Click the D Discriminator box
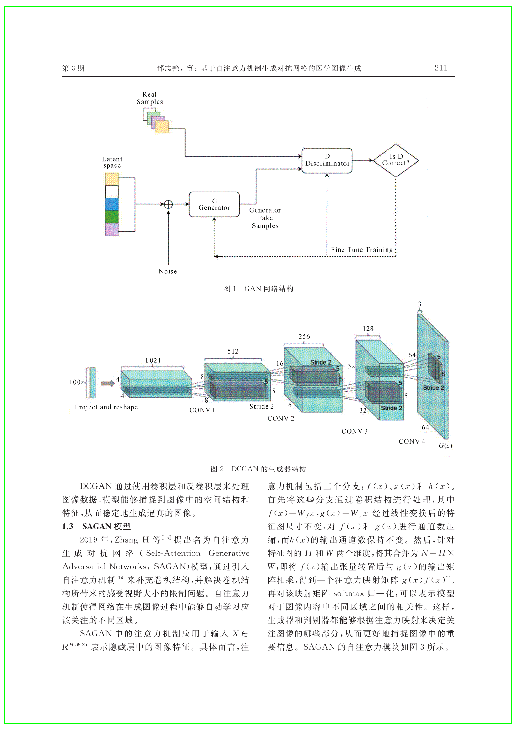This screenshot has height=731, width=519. coord(327,160)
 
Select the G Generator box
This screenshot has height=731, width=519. coord(214,204)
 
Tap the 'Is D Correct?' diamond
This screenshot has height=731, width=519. coord(396,160)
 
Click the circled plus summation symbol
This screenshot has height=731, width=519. coord(168,204)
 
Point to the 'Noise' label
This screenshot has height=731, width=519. coord(168,271)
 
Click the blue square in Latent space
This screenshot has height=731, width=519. coord(112,204)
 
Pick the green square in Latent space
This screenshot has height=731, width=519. coord(112,217)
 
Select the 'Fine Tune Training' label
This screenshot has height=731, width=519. coord(362,250)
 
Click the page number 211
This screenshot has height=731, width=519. coord(441,68)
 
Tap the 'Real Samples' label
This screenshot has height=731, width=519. coord(149,98)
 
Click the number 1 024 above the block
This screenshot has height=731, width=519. coord(153,360)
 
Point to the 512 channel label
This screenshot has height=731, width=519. coord(233,351)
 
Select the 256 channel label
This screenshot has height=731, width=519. coord(304,337)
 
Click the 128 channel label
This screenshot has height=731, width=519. coord(368,328)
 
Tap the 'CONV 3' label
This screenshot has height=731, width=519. coord(354,431)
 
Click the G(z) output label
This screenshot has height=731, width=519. coord(445,446)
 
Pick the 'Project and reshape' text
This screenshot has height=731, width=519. coord(106,407)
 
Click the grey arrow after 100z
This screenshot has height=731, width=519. coord(108,383)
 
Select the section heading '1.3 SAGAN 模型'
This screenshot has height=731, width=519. coord(96,527)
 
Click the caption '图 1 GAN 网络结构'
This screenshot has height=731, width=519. coord(258,289)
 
